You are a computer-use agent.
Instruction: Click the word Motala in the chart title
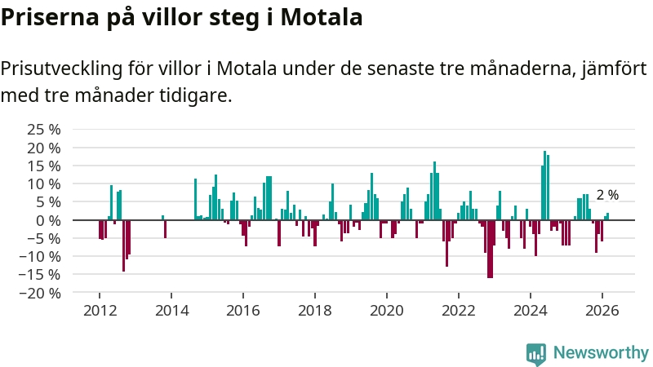click(x=322, y=17)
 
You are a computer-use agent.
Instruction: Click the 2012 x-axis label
click(x=100, y=311)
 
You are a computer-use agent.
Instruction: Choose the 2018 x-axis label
click(x=315, y=311)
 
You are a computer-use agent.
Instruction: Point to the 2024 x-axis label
click(x=531, y=311)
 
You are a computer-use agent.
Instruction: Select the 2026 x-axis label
click(x=602, y=311)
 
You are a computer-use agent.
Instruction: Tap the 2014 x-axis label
click(x=171, y=311)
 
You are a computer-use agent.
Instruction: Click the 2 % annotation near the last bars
click(x=607, y=196)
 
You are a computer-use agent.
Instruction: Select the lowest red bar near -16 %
click(x=490, y=249)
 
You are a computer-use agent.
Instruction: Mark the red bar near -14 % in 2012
click(x=124, y=245)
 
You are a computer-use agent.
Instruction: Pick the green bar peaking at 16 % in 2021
click(x=434, y=191)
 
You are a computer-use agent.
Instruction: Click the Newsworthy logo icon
click(x=536, y=353)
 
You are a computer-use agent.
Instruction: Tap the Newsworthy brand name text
click(x=600, y=353)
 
